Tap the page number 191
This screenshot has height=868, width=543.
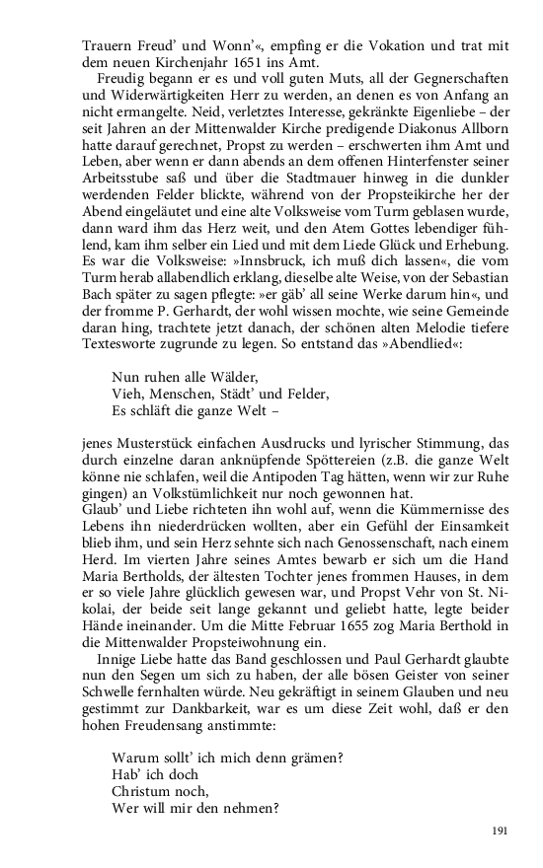[499, 832]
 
